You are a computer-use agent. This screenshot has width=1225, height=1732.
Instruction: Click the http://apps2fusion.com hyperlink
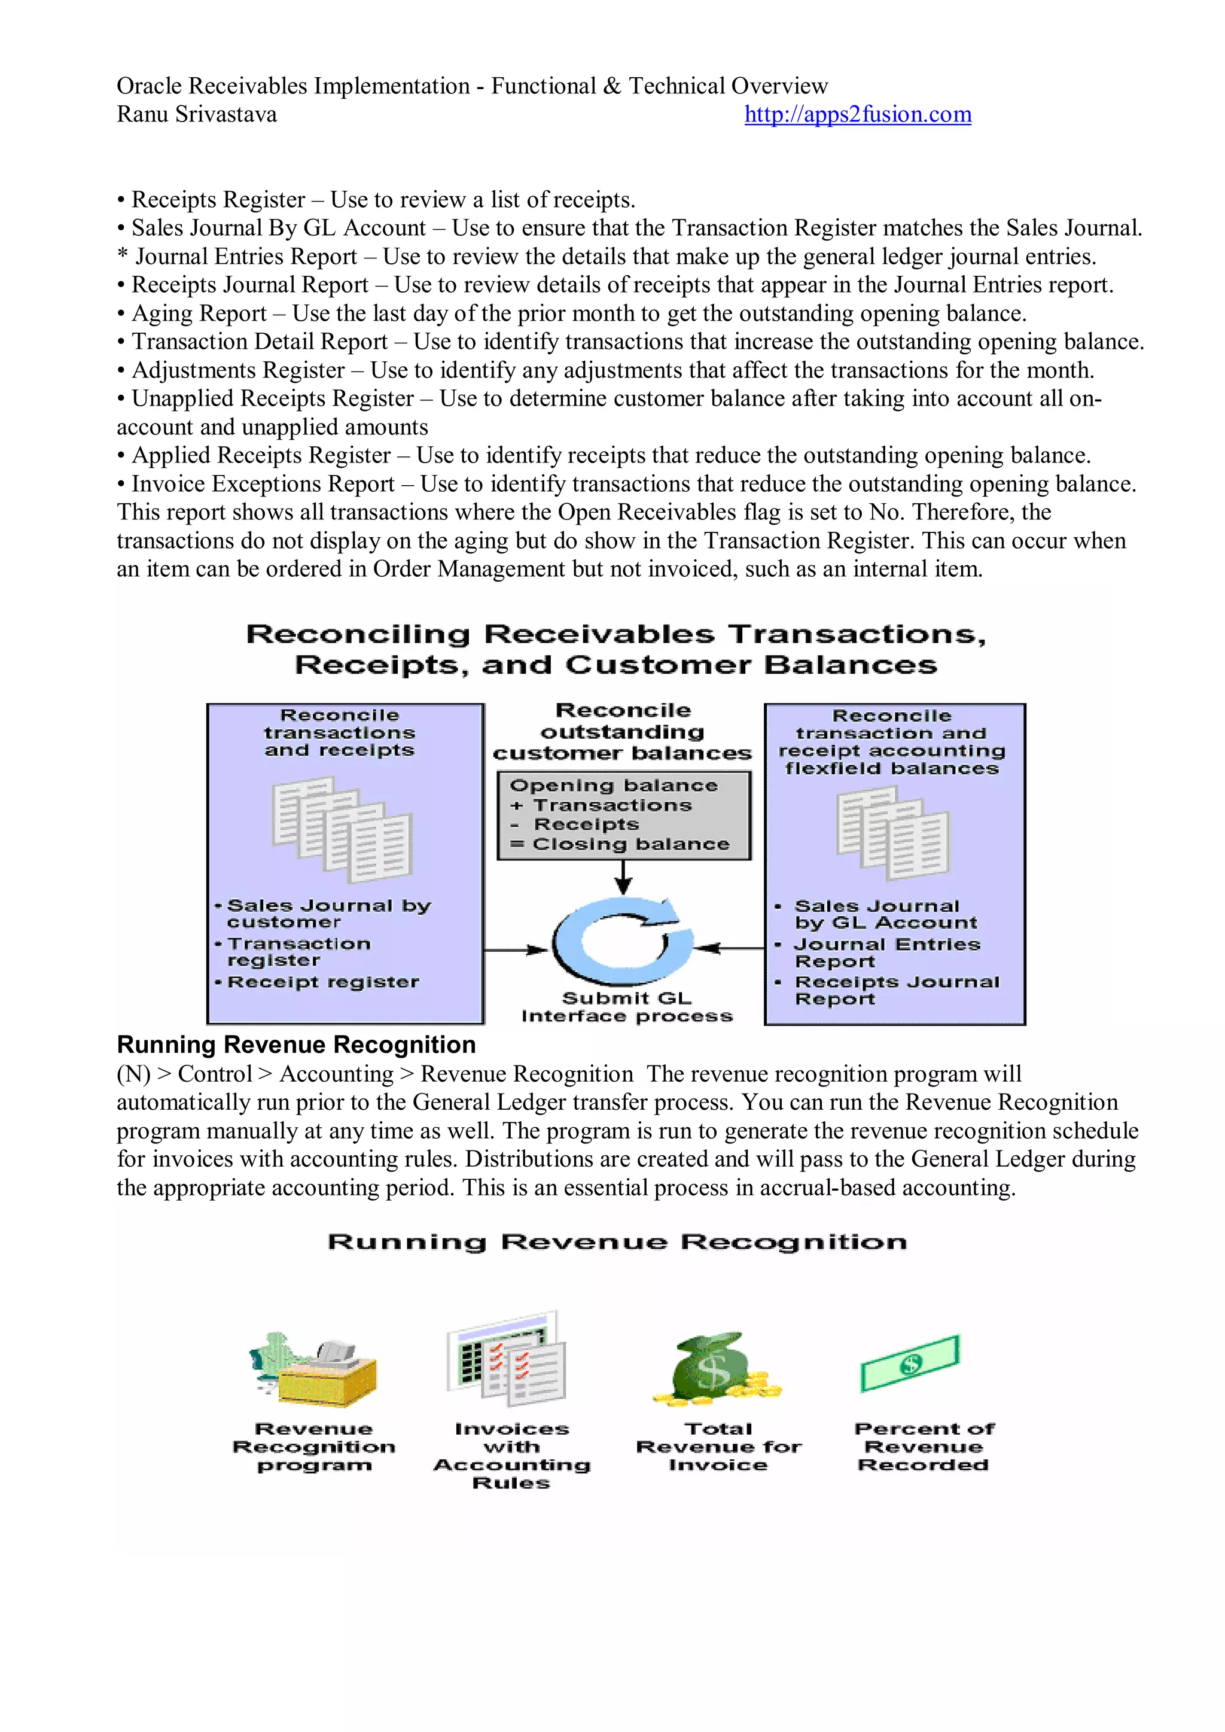857,115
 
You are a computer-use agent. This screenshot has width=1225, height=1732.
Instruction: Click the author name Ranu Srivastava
197,115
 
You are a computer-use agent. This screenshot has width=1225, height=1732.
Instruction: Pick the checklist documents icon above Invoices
507,1359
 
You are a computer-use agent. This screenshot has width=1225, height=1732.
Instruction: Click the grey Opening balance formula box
624,815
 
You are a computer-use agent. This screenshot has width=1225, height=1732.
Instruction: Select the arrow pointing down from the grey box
623,877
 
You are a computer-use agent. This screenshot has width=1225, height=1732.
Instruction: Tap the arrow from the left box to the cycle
516,949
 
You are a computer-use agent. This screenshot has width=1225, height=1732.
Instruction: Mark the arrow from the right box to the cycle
729,948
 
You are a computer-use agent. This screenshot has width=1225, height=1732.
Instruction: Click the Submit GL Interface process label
627,1007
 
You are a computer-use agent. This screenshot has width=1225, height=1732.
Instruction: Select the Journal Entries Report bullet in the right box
887,953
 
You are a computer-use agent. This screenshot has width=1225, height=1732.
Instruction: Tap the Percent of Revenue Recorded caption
924,1447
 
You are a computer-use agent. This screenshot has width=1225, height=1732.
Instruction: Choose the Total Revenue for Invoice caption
718,1447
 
